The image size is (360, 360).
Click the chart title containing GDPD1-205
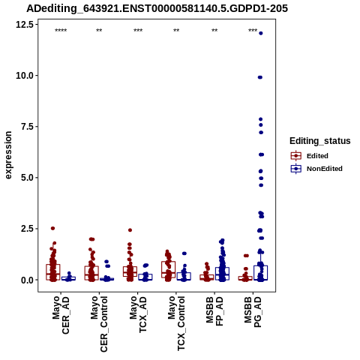click(x=157, y=8)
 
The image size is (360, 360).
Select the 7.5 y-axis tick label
click(x=27, y=127)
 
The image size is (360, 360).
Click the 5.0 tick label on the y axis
click(x=27, y=178)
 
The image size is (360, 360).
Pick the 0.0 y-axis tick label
click(x=27, y=280)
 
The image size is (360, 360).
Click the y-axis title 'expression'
click(x=8, y=155)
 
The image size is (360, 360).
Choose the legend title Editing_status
click(x=319, y=141)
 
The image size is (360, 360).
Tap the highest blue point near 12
click(x=261, y=33)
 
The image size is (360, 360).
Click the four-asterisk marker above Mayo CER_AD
click(x=61, y=31)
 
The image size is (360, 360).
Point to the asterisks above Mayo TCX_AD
click(x=138, y=31)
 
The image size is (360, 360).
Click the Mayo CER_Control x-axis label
click(x=99, y=324)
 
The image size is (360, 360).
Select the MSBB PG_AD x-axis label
click(x=253, y=311)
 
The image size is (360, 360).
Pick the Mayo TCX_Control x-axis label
click(x=176, y=323)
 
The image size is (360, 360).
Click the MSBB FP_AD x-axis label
click(x=214, y=311)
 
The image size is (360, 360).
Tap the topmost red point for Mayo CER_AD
click(x=52, y=228)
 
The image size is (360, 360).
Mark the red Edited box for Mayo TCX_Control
click(x=169, y=269)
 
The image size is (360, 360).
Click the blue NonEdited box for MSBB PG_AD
click(x=261, y=273)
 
